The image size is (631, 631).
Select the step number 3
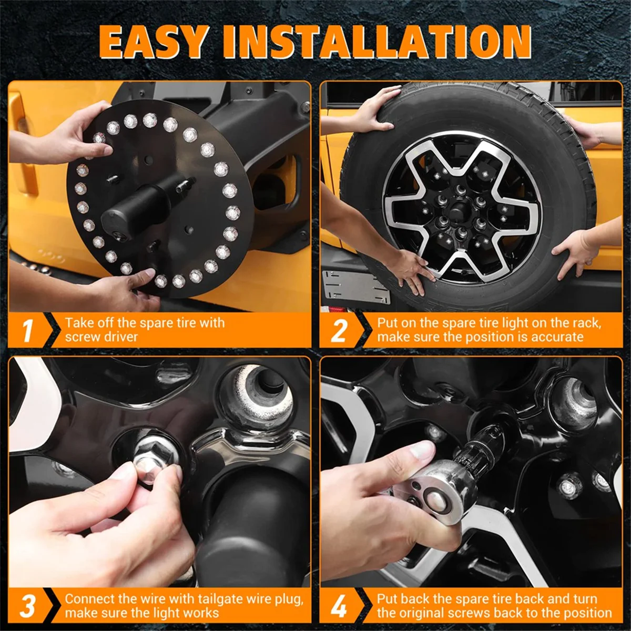[x=28, y=606]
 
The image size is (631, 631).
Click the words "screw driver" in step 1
[x=101, y=337]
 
